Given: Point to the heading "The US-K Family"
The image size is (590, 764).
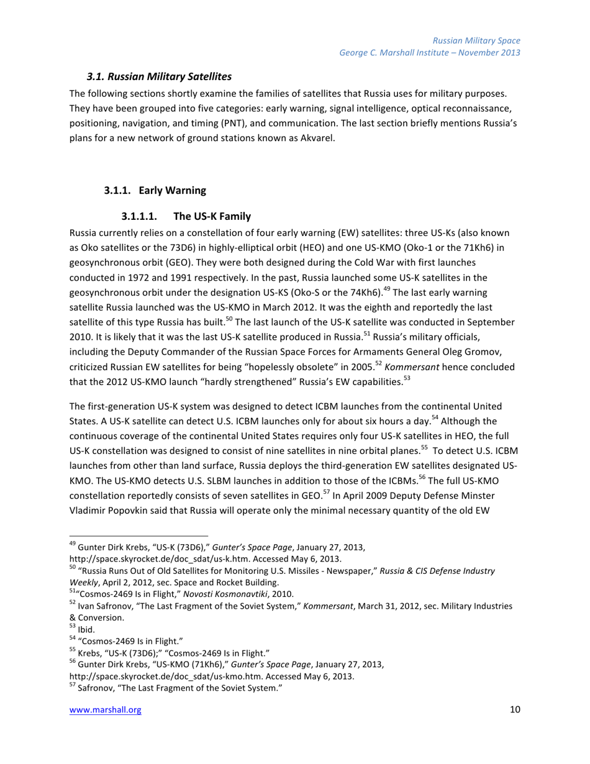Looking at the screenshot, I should point(212,217).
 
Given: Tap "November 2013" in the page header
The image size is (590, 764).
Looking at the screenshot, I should point(491,52).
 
